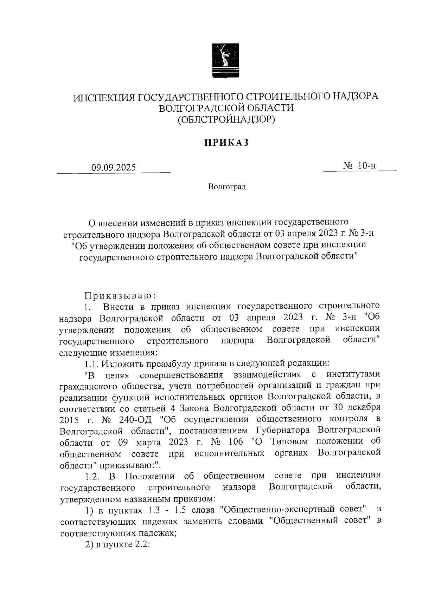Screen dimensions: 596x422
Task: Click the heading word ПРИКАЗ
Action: [x=226, y=143]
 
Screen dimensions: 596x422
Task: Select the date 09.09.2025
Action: [x=113, y=168]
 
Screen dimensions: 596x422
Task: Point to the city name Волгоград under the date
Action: [x=227, y=186]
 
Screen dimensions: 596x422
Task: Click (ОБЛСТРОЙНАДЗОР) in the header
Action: [x=226, y=120]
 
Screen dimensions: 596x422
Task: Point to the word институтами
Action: [x=353, y=374]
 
